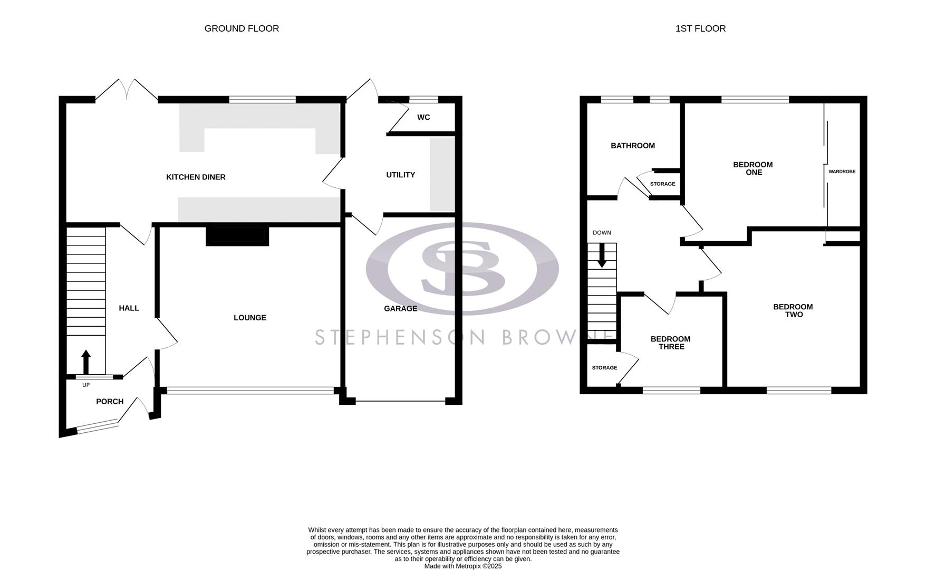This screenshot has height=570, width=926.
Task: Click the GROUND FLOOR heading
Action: pyautogui.click(x=242, y=28)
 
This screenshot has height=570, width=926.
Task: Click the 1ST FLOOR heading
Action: pyautogui.click(x=700, y=28)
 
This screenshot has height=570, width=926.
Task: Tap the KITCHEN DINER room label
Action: pyautogui.click(x=196, y=177)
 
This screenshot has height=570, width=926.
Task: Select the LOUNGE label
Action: pyautogui.click(x=250, y=318)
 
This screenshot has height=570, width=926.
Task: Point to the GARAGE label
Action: pyautogui.click(x=401, y=309)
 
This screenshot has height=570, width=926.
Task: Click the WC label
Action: pyautogui.click(x=423, y=117)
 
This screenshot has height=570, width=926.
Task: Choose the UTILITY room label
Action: pyautogui.click(x=401, y=175)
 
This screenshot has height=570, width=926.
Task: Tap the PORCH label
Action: pyautogui.click(x=110, y=402)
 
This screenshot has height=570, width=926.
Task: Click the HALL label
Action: pyautogui.click(x=129, y=308)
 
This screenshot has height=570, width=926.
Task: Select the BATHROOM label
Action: pyautogui.click(x=633, y=146)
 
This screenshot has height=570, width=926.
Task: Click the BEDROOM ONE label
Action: pyautogui.click(x=753, y=168)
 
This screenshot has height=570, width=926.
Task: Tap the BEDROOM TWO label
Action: pyautogui.click(x=793, y=311)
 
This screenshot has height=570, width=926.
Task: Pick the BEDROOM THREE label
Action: pyautogui.click(x=670, y=343)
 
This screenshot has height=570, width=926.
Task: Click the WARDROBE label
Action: pyautogui.click(x=842, y=172)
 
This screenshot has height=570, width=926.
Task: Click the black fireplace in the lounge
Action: pyautogui.click(x=237, y=235)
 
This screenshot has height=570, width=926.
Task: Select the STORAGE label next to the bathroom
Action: pyautogui.click(x=662, y=184)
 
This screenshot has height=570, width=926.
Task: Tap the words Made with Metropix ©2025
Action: pyautogui.click(x=463, y=566)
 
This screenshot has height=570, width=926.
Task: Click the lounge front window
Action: pyautogui.click(x=250, y=391)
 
